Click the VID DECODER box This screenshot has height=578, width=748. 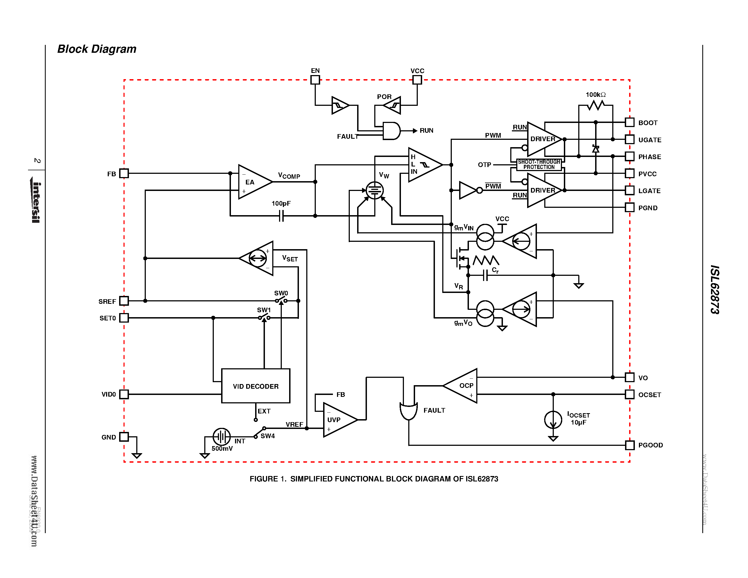click(x=255, y=386)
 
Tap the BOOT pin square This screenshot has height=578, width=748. click(x=629, y=122)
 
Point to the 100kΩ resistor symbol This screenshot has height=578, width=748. click(x=596, y=106)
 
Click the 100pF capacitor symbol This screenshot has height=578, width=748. click(x=281, y=216)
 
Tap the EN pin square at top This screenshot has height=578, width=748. click(x=315, y=80)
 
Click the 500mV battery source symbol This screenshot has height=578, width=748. click(x=222, y=437)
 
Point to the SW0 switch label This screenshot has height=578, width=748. click(x=281, y=293)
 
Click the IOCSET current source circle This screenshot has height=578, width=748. click(x=553, y=420)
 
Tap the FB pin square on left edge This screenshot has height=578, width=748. click(x=124, y=173)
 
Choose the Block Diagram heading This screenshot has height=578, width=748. click(x=97, y=49)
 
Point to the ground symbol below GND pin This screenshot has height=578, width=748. click(x=137, y=455)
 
